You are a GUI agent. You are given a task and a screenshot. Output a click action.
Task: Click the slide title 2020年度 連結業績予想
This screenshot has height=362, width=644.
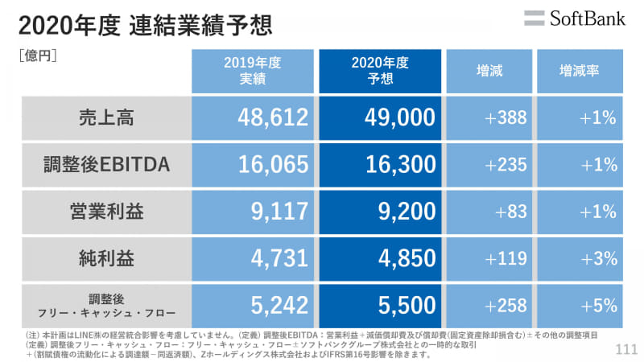(145, 25)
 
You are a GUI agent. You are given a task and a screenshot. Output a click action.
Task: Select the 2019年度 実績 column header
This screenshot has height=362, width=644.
(252, 71)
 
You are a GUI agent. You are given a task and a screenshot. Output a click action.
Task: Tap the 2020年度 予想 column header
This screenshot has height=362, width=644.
(380, 71)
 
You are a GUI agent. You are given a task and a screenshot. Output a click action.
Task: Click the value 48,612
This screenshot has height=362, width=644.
(274, 118)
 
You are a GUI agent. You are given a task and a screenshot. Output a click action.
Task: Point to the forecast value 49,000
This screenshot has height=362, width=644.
(400, 118)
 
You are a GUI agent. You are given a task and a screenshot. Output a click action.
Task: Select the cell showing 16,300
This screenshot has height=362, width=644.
(400, 165)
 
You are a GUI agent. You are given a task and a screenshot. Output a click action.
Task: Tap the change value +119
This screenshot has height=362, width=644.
(506, 259)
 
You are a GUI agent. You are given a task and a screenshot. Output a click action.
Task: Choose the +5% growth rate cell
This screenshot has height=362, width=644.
(598, 306)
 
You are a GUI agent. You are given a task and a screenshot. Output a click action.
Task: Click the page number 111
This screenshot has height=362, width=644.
(625, 349)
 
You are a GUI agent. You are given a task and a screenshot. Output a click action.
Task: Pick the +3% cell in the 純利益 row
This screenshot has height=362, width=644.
(598, 259)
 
